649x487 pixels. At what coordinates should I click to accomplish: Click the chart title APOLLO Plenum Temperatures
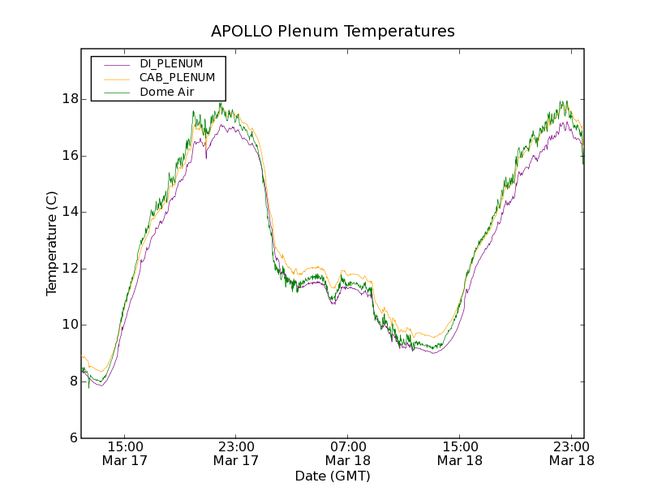point(333,32)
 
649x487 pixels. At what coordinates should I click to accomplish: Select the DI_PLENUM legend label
point(171,63)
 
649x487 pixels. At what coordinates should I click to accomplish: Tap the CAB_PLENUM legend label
point(177,77)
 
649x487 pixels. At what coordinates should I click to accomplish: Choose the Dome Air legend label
point(167,92)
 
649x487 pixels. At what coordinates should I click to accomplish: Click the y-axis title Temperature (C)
point(52,243)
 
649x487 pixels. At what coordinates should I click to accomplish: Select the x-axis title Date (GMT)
point(333,476)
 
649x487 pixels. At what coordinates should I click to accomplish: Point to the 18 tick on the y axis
point(70,99)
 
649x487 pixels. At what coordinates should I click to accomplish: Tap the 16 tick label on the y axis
point(70,156)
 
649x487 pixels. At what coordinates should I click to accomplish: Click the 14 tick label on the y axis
point(70,212)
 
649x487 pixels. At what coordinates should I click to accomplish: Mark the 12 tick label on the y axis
point(70,269)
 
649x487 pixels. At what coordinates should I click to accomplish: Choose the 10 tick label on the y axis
point(70,325)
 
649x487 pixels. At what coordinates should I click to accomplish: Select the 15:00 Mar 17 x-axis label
point(125,454)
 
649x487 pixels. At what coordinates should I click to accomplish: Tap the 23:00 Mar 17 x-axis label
point(236,454)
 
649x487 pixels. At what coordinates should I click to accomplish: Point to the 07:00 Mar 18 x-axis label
point(348,454)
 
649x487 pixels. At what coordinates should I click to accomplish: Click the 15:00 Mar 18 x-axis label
point(459,454)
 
